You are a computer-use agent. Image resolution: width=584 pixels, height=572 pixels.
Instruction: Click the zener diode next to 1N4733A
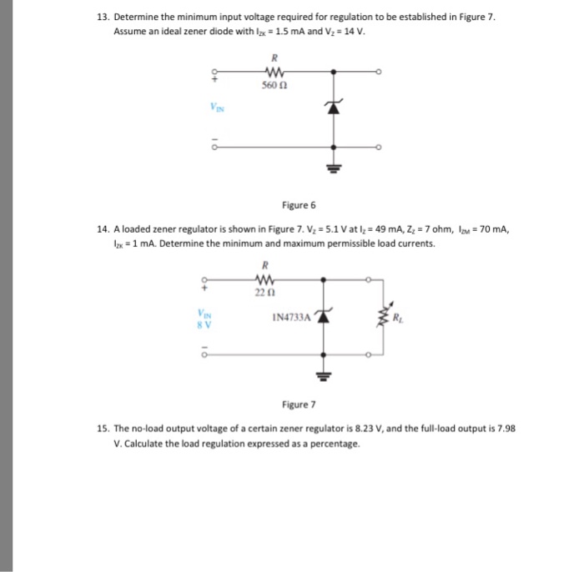coord(321,317)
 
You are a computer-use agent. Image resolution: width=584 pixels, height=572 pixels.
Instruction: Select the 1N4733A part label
coord(289,318)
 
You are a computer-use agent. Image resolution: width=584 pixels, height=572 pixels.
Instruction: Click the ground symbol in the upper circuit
coord(335,163)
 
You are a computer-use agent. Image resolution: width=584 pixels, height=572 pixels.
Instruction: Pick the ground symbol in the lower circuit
coord(321,376)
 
